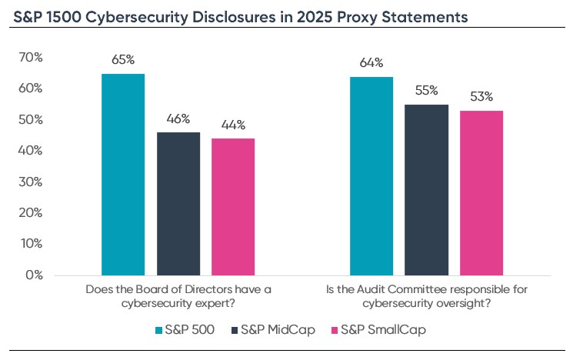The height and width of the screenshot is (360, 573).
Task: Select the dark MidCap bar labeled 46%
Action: pos(178,203)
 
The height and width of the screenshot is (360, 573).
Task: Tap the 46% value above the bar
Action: pos(178,118)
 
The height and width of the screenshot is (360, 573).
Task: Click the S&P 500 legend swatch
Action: pos(159,331)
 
